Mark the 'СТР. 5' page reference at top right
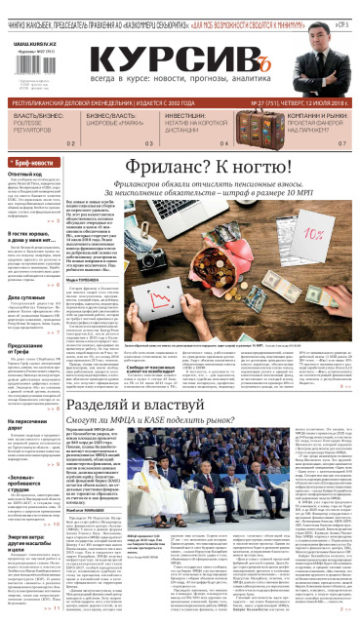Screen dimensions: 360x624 pos(344,11)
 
